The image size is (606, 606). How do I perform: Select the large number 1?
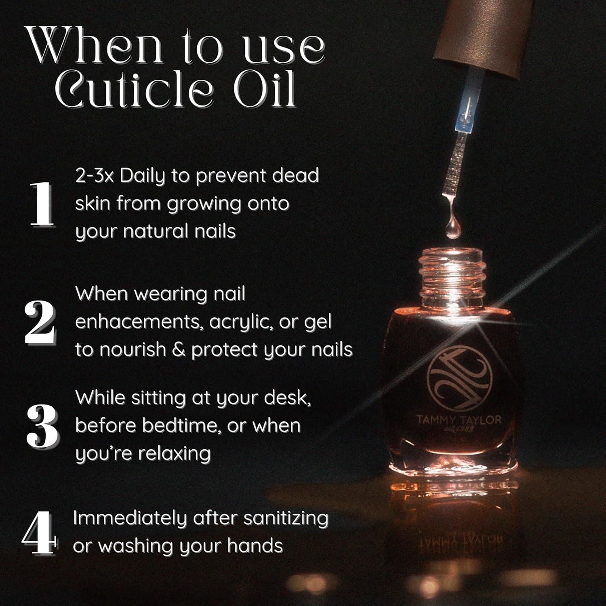pos(42,204)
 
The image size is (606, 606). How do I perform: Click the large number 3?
pos(42,427)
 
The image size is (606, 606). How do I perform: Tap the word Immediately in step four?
pos(130,519)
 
